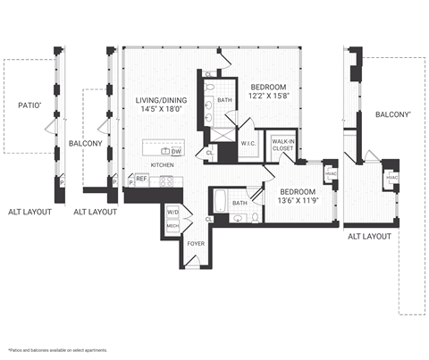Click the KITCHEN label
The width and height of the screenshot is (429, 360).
tap(162, 165)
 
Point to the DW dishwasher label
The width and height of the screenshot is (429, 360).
tap(177, 152)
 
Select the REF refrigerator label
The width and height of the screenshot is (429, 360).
tap(141, 179)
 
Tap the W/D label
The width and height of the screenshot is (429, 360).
tap(172, 213)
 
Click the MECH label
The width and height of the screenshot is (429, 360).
tap(172, 226)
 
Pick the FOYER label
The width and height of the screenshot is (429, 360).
tap(197, 242)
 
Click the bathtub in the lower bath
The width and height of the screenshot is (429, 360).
tap(221, 203)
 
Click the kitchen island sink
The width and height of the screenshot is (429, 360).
tap(165, 151)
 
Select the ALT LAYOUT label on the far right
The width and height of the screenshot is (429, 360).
tap(369, 236)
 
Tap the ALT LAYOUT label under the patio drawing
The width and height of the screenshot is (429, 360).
tap(29, 212)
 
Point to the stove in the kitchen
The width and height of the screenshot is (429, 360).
tap(165, 180)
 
